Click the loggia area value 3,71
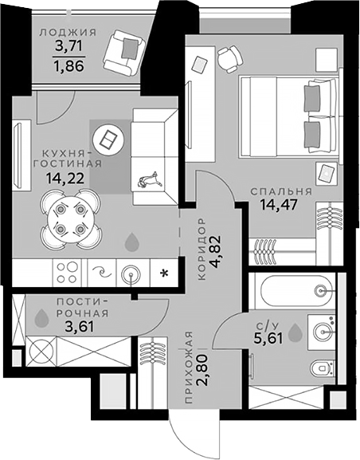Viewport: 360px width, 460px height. pyautogui.click(x=69, y=45)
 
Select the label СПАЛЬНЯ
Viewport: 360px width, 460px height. pyautogui.click(x=281, y=191)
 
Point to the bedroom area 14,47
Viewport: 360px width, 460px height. pyautogui.click(x=279, y=204)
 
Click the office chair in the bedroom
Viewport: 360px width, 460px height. pyautogui.click(x=230, y=59)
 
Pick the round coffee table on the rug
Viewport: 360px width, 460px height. pyautogui.click(x=108, y=140)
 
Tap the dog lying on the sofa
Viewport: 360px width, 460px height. pyautogui.click(x=150, y=179)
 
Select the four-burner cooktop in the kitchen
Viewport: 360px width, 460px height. pyautogui.click(x=67, y=273)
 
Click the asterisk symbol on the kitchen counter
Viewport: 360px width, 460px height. pyautogui.click(x=164, y=273)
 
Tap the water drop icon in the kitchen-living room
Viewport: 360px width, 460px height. pyautogui.click(x=132, y=242)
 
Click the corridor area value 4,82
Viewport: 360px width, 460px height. pyautogui.click(x=217, y=252)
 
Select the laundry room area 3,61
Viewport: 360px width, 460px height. pyautogui.click(x=79, y=327)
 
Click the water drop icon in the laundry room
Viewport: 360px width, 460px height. pyautogui.click(x=41, y=318)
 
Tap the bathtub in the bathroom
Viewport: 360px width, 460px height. pyautogui.click(x=295, y=290)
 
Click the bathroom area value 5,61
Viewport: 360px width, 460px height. pyautogui.click(x=268, y=339)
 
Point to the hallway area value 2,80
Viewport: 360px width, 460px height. pyautogui.click(x=203, y=369)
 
